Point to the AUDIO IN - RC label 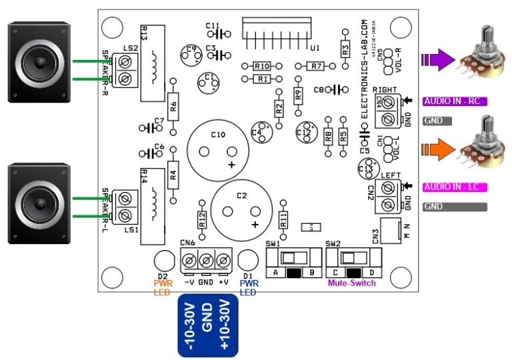click(x=455, y=101)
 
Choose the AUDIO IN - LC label click(x=455, y=187)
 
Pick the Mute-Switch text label click(x=351, y=283)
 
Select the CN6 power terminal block click(x=206, y=259)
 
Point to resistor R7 click(x=316, y=66)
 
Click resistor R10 click(x=261, y=66)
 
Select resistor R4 click(x=173, y=176)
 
